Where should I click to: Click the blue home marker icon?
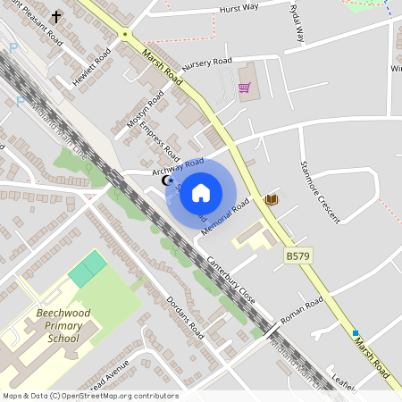coord(201,192)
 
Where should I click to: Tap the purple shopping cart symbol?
coord(244,88)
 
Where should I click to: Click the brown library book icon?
coord(272,199)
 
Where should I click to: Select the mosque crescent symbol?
coord(165,180)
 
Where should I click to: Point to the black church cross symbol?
coord(56,17)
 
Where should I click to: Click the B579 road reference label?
coord(298,256)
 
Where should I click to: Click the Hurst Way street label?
coord(239,10)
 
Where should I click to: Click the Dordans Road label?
coord(185,318)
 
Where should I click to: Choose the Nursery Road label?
coord(206,65)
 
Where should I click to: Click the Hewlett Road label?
coord(92,68)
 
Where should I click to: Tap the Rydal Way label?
coord(297,22)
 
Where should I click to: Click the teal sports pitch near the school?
coord(88,269)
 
